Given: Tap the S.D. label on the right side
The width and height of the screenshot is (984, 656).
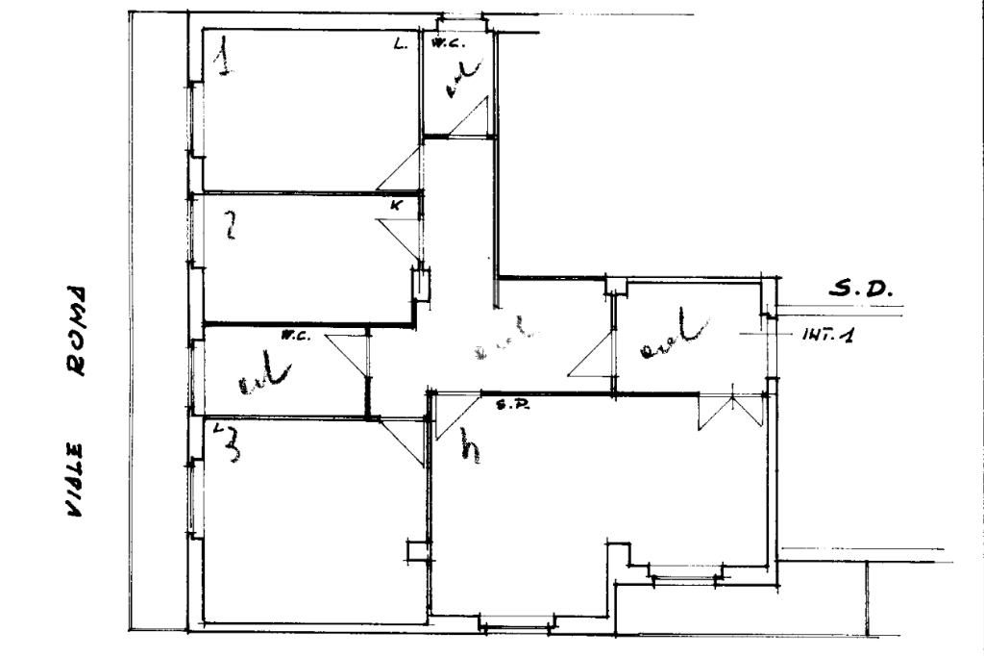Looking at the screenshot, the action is [x=861, y=288].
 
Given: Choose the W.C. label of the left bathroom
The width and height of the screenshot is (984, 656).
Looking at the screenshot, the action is [x=294, y=336].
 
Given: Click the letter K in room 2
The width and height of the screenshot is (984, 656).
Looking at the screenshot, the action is [x=396, y=205].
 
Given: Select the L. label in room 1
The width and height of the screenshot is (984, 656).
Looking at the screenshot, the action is [x=401, y=44].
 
